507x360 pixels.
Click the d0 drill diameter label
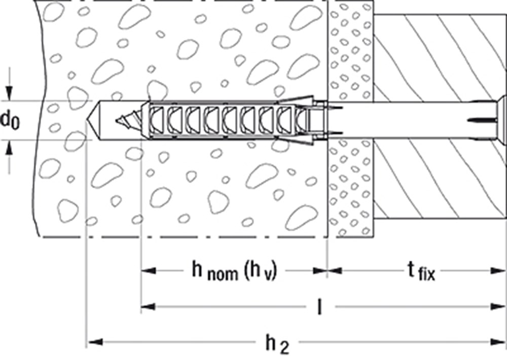pyautogui.click(x=10, y=120)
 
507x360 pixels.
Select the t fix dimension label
pyautogui.click(x=421, y=271)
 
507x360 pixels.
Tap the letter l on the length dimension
pyautogui.click(x=320, y=306)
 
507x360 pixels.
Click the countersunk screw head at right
pyautogui.click(x=502, y=121)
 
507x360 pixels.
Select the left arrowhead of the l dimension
pyautogui.click(x=149, y=306)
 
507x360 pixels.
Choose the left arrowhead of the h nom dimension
pyautogui.click(x=149, y=270)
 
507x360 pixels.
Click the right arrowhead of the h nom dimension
pyautogui.click(x=319, y=270)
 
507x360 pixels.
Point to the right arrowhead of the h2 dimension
pyautogui.click(x=498, y=341)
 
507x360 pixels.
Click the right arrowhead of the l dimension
pyautogui.click(x=498, y=306)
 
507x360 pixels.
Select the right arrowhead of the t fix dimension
pyautogui.click(x=498, y=270)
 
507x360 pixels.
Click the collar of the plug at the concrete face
pyautogui.click(x=320, y=121)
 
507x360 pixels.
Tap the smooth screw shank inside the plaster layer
pyautogui.click(x=351, y=121)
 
